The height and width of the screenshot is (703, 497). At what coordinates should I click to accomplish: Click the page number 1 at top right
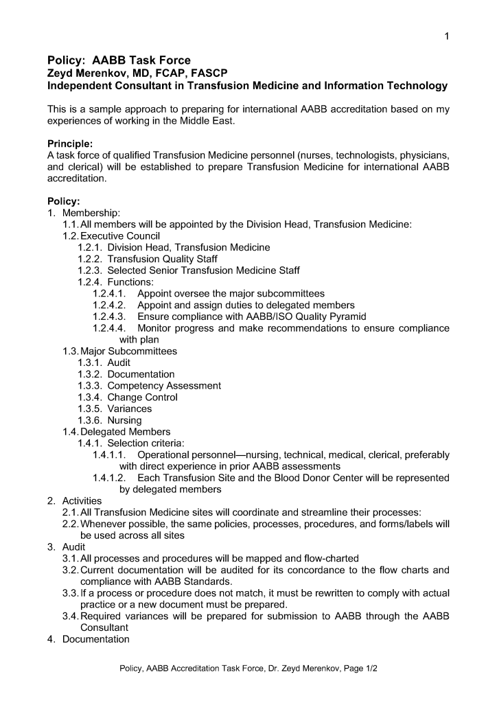(446, 36)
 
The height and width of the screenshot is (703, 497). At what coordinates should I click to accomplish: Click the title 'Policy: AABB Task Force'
(119, 60)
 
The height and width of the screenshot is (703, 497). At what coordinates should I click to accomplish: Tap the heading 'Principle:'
(69, 143)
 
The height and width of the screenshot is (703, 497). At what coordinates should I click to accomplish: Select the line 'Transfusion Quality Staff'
(162, 259)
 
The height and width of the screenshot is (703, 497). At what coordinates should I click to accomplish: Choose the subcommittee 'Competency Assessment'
(164, 386)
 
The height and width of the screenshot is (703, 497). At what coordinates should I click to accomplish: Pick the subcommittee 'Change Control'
(142, 397)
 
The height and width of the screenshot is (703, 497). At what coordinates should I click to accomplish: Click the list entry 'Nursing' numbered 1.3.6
(124, 420)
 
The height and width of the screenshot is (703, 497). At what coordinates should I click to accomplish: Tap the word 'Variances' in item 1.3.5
(130, 408)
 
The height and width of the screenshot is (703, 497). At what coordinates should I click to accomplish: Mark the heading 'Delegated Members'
(126, 432)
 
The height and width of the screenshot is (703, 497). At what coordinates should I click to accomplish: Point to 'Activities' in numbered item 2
(82, 500)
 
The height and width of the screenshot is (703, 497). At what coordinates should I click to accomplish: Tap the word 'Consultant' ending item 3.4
(104, 627)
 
